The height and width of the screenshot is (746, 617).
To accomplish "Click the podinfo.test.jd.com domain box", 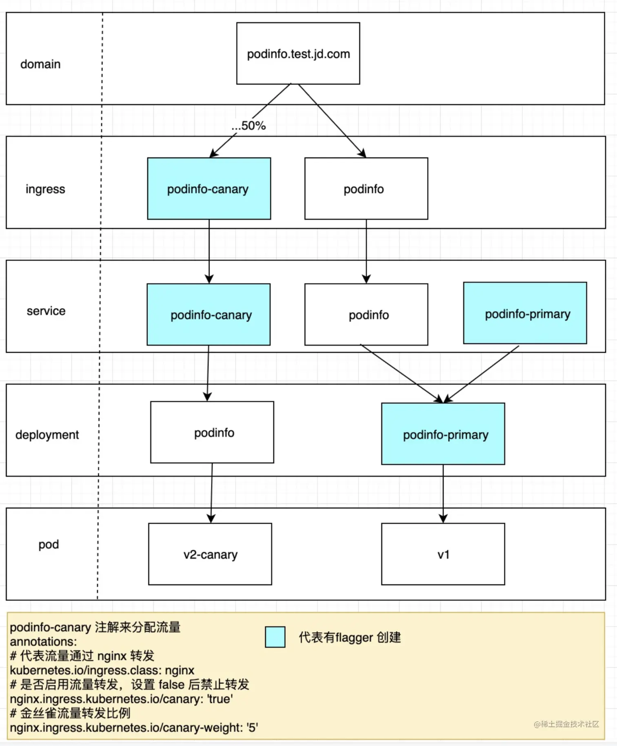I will [298, 53].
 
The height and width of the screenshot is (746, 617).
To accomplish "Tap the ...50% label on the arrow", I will [249, 126].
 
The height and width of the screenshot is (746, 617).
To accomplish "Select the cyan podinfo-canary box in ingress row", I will [209, 188].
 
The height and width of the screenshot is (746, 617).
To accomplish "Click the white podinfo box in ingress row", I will [366, 188].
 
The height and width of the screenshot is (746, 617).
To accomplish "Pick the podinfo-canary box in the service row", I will [209, 314].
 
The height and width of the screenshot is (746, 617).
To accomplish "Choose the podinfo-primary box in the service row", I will [525, 313].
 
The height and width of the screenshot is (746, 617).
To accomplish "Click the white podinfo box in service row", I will [366, 314].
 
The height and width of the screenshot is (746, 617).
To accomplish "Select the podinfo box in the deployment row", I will [212, 432].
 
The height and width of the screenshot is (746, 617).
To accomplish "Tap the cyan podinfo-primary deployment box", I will [443, 434].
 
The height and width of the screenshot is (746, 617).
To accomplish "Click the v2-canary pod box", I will [210, 554].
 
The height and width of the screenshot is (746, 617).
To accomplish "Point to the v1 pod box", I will [443, 554].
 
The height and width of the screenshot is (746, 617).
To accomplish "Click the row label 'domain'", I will [40, 64].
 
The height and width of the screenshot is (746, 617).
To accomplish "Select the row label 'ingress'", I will [45, 189].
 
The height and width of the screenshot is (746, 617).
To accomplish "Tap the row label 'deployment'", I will [47, 435].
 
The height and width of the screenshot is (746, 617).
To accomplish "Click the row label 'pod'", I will [49, 545].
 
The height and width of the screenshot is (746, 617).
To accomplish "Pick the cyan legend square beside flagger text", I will [275, 637].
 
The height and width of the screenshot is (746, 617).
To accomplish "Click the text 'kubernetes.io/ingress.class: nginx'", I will [102, 670].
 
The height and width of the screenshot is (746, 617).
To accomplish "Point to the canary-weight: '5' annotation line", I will [134, 728].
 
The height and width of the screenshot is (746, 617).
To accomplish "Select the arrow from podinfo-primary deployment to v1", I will [443, 494].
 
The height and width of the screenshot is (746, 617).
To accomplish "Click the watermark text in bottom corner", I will [566, 724].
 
